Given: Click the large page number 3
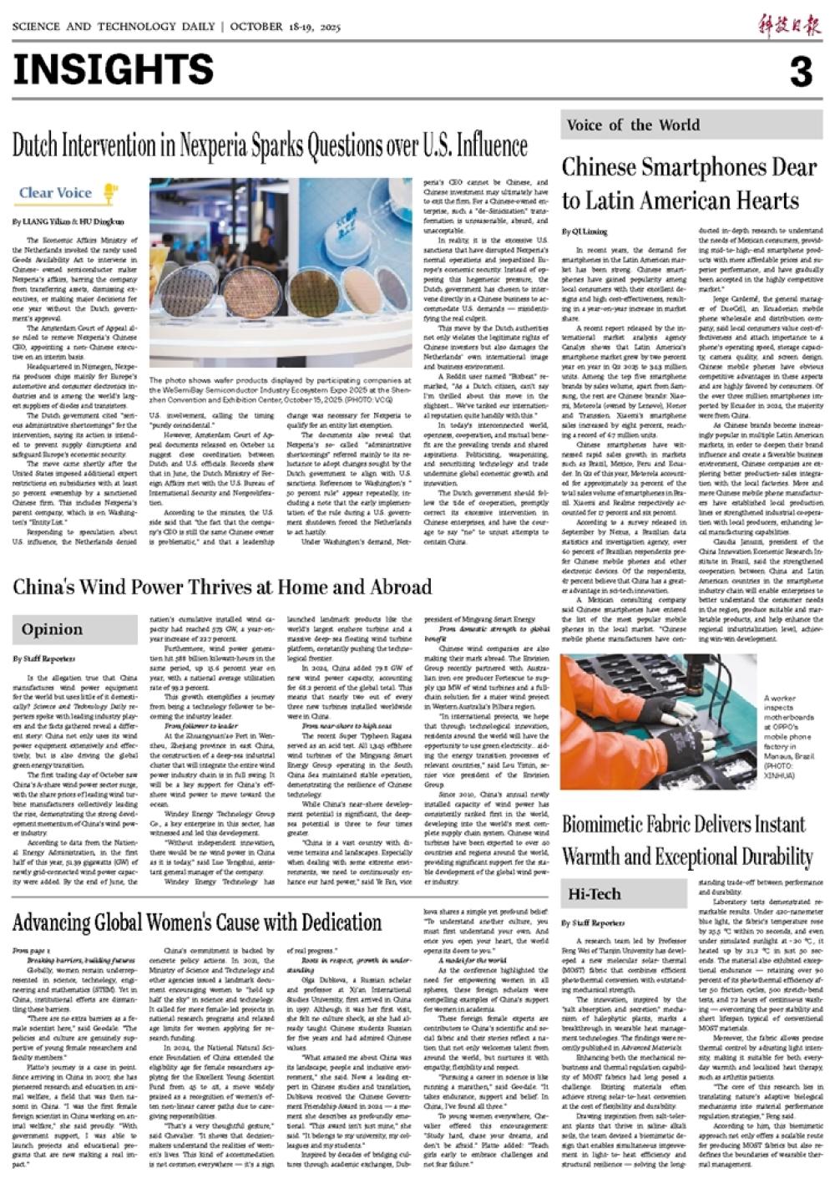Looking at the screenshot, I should click(x=800, y=73).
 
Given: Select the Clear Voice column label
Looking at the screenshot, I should click(x=55, y=193).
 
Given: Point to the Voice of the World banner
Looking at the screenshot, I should click(x=633, y=125).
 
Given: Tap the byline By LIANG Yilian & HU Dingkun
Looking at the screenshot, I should click(x=68, y=222).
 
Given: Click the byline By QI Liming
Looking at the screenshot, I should click(x=584, y=231).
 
